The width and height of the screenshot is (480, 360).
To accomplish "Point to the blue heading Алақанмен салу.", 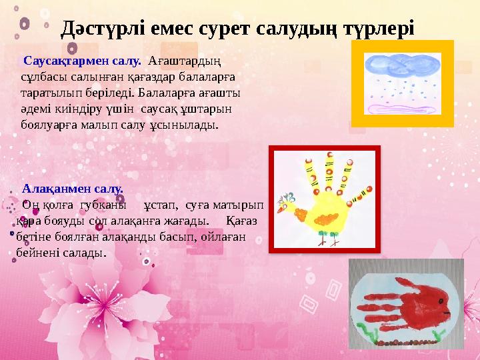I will click(x=73, y=189).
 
